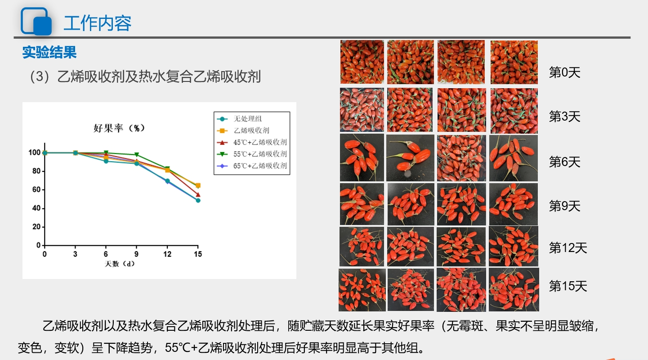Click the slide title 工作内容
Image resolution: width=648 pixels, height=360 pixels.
pos(98,23)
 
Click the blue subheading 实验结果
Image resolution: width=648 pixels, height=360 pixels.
pos(49,52)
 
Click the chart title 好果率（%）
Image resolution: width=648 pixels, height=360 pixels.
pos(119,128)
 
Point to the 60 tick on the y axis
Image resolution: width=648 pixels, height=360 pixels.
pos(36,190)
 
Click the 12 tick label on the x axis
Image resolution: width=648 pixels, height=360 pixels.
pos(167,254)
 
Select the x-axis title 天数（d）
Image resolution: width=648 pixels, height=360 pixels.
pos(120,264)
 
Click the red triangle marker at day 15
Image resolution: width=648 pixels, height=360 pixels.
pos(198,195)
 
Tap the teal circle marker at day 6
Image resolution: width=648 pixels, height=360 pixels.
pos(106,161)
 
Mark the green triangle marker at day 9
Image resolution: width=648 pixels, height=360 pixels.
pos(137,155)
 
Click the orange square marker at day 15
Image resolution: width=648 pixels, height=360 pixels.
pos(198,185)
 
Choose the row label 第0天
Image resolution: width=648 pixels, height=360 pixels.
pos(565,72)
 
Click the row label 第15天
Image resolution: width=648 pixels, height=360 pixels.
pos(568,286)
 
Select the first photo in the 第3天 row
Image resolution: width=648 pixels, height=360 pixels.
pos(362,110)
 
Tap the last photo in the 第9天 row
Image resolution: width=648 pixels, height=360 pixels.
pos(514,204)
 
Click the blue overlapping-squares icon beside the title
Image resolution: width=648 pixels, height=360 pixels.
pos(36,22)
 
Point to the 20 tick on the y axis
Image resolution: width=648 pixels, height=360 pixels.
pos(36,227)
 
